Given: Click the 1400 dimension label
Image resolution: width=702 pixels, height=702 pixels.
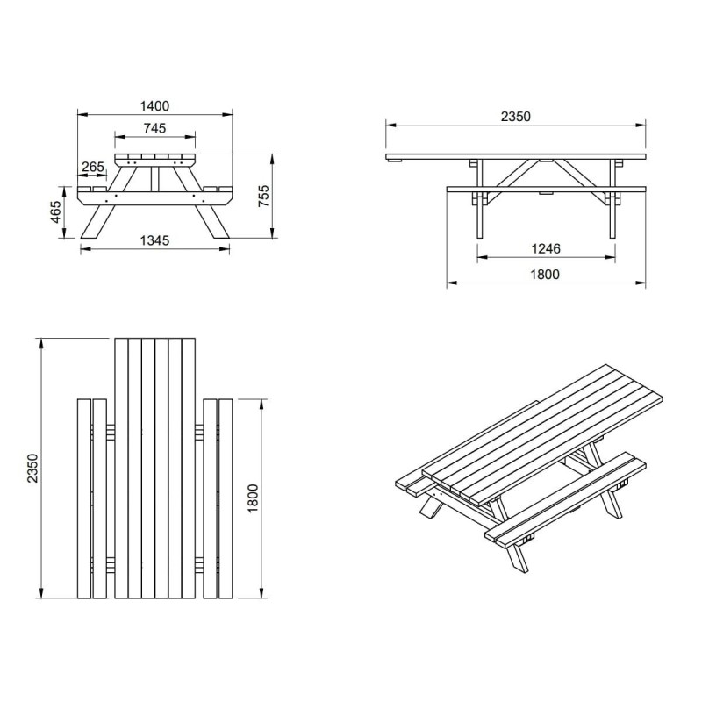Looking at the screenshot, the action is coord(155,106).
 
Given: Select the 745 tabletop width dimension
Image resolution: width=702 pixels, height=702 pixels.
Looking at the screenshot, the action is coord(155,128).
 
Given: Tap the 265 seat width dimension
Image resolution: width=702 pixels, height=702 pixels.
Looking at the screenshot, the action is coord(93,167).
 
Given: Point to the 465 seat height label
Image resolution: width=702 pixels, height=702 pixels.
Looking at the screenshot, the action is coord(55,211).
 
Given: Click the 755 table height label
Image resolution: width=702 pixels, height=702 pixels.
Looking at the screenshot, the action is coord(264,196).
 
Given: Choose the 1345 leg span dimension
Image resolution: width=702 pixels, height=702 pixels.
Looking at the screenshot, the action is coord(155,240).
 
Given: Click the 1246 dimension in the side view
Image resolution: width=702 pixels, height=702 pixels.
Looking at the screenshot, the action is coord(546,248).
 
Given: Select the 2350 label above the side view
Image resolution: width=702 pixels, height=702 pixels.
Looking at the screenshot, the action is coord(516,117).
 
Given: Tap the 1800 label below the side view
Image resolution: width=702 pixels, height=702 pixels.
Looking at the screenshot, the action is coord(545,274).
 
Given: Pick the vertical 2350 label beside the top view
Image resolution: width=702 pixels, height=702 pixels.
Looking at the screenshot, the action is coord(32,469).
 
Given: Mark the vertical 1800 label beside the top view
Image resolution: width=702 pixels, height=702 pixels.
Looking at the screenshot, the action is coord(253,498).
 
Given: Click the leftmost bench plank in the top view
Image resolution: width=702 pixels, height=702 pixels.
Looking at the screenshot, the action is coord(83,498).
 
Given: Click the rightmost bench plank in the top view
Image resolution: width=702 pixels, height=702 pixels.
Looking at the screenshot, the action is coord(226,498).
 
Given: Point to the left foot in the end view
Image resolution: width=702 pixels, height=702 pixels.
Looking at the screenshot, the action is coord(97,222).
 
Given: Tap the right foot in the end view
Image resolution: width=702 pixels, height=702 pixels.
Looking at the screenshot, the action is coord(212,222).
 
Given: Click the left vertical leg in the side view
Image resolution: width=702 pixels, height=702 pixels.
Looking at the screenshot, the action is coord(480,198).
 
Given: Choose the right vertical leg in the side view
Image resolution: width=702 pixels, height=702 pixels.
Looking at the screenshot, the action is coord(612,198).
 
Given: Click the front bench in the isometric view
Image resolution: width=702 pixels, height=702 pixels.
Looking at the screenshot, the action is coord(566,499).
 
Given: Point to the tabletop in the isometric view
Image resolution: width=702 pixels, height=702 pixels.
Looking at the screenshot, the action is coord(542,433).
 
